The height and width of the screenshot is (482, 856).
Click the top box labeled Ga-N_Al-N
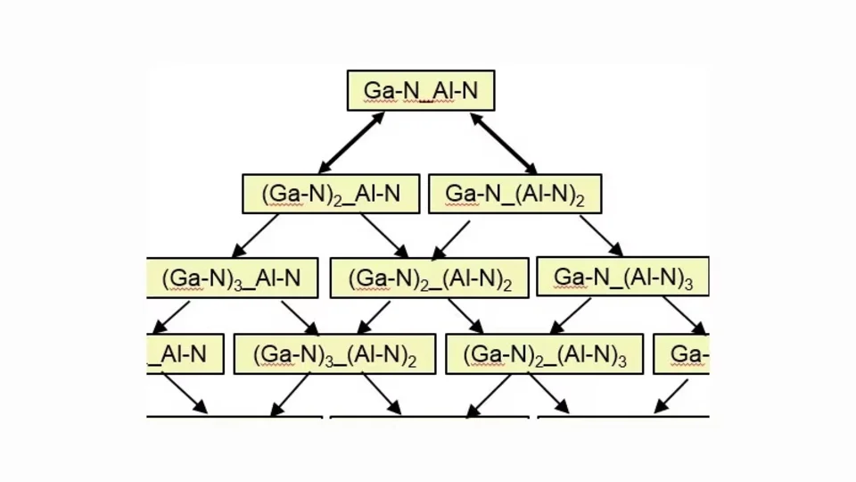tap(420, 90)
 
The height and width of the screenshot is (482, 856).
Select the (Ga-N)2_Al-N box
tap(331, 194)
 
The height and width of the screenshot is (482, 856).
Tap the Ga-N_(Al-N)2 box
tap(514, 194)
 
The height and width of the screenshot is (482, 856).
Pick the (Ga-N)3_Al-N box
tap(231, 278)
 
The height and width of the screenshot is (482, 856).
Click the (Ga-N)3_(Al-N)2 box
tap(334, 354)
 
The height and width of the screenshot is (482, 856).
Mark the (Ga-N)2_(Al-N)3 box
tap(544, 354)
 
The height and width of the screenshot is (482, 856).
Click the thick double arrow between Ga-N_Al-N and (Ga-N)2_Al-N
tap(351, 142)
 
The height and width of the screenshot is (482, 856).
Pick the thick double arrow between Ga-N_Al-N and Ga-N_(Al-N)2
tap(504, 142)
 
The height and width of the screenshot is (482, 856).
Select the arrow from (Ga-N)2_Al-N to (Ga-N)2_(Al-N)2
tap(384, 236)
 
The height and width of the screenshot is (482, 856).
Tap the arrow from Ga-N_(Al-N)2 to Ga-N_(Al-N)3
tap(600, 236)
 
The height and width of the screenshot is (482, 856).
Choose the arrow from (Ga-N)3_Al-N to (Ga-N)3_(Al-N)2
tap(300, 317)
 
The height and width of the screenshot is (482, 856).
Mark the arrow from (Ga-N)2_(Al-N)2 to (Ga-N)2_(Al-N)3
tap(465, 316)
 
